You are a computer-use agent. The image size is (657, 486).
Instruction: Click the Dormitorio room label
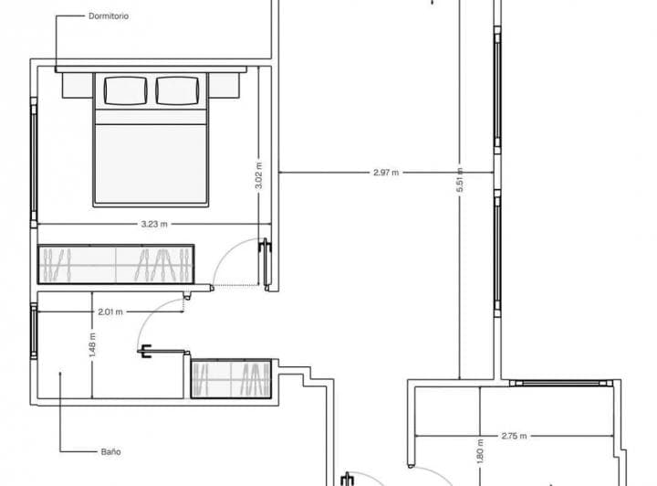pos(109,16)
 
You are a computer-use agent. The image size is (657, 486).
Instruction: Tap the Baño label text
pos(111,452)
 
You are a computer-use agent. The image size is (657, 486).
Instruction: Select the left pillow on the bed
pos(125,90)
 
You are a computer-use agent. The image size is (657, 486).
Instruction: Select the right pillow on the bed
pos(177,90)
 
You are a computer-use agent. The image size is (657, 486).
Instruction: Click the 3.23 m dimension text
pos(154,224)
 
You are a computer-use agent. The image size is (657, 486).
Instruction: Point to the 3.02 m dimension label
pos(259,175)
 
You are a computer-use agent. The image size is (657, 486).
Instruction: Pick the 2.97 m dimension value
pos(386,172)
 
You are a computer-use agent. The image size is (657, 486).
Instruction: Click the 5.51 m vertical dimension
pos(460,180)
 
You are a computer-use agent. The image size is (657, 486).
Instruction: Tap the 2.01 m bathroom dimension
pos(110,312)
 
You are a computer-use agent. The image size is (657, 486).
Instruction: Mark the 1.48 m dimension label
pos(92,345)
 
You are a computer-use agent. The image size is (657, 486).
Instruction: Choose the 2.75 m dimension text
pos(514,436)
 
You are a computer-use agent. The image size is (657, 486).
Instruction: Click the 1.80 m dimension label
pos(480,451)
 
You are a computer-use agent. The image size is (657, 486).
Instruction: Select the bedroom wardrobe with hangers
pos(116,265)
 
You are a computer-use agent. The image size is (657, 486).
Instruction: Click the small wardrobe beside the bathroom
pos(231,378)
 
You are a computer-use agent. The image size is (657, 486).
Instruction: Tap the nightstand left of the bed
pos(78,86)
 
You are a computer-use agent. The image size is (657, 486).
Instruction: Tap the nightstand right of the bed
pos(224,86)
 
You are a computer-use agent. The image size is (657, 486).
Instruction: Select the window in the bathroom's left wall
pos(34,332)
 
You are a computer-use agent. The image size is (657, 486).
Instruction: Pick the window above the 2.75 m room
pos(561,383)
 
